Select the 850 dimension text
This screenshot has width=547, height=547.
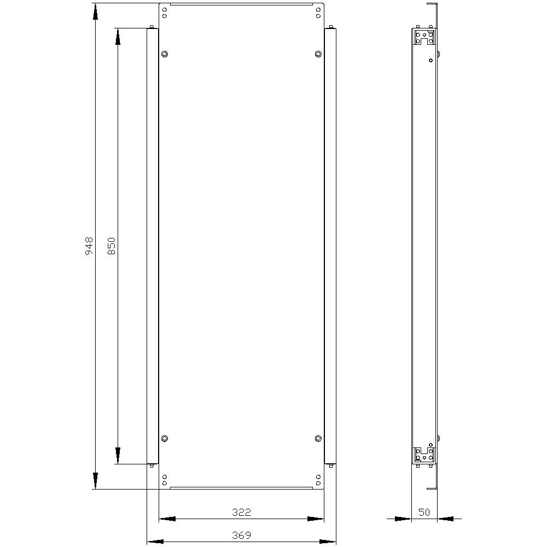click(x=112, y=246)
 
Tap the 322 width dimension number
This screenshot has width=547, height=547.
click(x=241, y=512)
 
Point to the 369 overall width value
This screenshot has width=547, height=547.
click(x=241, y=535)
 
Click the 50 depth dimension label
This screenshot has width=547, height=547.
click(x=424, y=512)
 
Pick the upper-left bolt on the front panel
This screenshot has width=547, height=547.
click(x=165, y=54)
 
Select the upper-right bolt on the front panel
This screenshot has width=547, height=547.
click(x=318, y=54)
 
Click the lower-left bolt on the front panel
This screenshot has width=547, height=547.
click(x=165, y=438)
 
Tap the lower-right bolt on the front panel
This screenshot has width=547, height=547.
click(x=318, y=438)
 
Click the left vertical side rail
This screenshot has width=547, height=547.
click(x=152, y=246)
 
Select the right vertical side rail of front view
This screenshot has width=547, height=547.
click(x=330, y=246)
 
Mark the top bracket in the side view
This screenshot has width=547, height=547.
click(x=424, y=38)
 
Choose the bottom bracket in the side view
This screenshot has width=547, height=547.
click(x=424, y=454)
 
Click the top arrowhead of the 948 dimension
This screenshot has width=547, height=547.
click(x=95, y=11)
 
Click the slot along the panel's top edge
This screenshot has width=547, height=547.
click(x=241, y=5)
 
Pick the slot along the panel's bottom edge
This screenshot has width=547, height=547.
click(x=241, y=486)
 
